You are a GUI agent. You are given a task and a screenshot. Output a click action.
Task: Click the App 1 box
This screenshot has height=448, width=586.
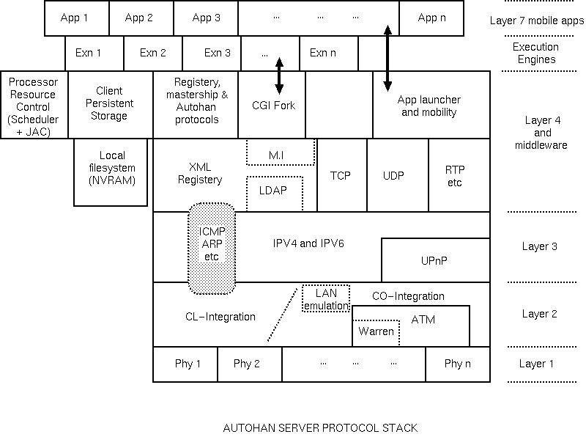[76, 18]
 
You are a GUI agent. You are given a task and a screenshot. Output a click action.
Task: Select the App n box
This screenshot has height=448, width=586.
[431, 18]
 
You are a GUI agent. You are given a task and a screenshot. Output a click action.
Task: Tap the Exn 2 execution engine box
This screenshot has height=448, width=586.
[153, 53]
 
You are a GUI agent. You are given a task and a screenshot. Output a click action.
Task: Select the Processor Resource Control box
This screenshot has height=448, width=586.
[34, 105]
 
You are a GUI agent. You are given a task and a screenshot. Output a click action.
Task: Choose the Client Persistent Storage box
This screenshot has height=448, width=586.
[111, 105]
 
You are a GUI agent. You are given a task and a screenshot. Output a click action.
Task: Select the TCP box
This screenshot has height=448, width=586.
[341, 176]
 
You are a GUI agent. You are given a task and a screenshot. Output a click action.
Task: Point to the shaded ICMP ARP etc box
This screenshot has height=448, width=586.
[212, 248]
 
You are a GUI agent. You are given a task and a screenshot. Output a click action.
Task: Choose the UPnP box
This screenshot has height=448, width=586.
[435, 260]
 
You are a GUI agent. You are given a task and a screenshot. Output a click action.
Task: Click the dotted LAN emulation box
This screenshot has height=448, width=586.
[326, 299]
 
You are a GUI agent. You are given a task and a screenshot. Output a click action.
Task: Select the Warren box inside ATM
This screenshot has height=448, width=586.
[377, 331]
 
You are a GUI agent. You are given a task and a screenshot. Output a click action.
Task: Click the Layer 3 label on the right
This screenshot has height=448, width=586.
[539, 247]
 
